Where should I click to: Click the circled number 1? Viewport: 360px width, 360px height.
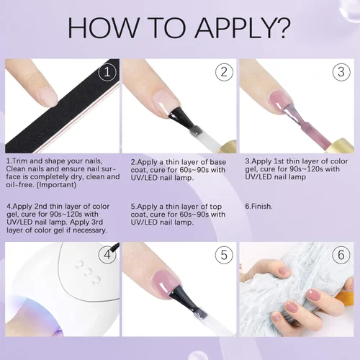click(107, 72)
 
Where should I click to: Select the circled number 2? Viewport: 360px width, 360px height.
click(224, 72)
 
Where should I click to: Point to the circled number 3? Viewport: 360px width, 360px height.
click(341, 72)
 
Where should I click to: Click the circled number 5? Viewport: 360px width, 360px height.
click(224, 255)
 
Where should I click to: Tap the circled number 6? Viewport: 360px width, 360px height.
click(341, 255)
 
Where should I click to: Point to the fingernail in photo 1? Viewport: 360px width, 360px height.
click(48, 96)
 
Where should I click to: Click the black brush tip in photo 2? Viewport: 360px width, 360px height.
click(181, 117)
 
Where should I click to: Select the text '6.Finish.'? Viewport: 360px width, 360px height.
click(258, 207)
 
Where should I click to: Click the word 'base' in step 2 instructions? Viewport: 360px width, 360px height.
click(218, 162)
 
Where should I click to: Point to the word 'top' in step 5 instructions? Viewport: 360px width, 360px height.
click(215, 207)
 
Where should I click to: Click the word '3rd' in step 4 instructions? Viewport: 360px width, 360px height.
click(96, 222)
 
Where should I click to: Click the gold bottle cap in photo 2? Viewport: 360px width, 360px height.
click(227, 146)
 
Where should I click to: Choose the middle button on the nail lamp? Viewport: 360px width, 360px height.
click(88, 272)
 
